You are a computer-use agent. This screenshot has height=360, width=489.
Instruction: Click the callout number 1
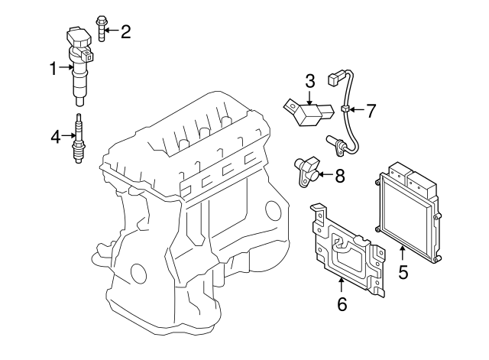(x=53, y=70)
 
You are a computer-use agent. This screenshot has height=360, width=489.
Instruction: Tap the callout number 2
(x=125, y=31)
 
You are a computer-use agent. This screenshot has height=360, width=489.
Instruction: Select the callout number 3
(x=309, y=81)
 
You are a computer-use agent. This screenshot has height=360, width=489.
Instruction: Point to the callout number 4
(x=55, y=137)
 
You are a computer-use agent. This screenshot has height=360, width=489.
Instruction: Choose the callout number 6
(x=342, y=304)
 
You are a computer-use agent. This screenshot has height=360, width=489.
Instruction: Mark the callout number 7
(x=371, y=111)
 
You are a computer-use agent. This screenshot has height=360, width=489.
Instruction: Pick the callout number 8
(x=339, y=176)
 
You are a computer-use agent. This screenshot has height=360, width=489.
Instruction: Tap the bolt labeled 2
(x=100, y=29)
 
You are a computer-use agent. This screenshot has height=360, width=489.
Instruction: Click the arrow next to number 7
(x=355, y=111)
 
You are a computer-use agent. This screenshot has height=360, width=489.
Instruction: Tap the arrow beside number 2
(x=112, y=31)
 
